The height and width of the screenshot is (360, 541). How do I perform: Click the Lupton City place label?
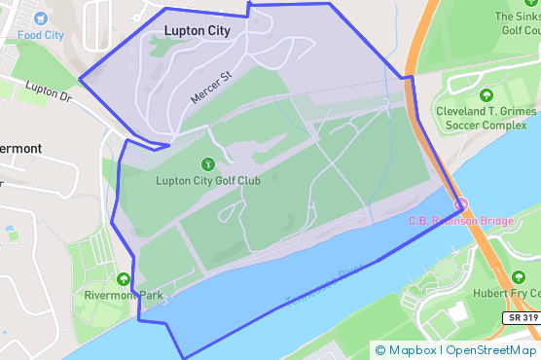[x=198, y=30]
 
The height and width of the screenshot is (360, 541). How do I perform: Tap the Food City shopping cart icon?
[x=39, y=18]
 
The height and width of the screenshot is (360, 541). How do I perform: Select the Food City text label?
[x=39, y=35]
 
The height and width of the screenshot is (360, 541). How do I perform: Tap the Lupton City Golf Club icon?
[x=207, y=164]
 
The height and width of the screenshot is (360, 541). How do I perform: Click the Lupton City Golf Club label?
[x=207, y=180]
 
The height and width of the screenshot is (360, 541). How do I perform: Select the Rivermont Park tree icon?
[x=124, y=279]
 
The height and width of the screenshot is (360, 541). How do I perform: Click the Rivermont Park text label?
[x=124, y=295]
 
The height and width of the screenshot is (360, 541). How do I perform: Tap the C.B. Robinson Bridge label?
[x=463, y=222]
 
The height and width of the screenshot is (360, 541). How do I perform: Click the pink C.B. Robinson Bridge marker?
[x=463, y=204]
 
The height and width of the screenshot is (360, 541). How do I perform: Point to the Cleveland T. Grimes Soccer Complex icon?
[x=487, y=95]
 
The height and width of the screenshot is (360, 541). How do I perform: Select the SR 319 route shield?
[x=522, y=317]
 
